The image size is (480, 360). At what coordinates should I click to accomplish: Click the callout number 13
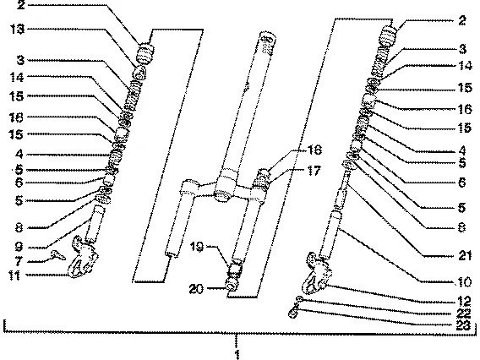pos(17,30)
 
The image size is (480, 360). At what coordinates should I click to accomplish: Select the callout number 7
pos(19,261)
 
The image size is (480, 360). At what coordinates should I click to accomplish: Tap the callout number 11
pos(14,275)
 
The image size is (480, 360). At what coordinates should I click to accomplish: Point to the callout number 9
pos(19,246)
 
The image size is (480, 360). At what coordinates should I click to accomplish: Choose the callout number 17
pos(314,171)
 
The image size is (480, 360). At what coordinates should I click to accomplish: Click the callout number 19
pos(197,247)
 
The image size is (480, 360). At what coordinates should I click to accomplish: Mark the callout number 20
pos(196,289)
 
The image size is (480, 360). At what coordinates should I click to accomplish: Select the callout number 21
pos(465,255)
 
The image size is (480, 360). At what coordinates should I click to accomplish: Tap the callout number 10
pos(465,282)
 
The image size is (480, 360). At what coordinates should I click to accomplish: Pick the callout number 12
pos(464,302)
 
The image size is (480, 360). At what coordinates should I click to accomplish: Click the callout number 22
pos(463,314)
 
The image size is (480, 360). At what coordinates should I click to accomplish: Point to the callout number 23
pos(463,325)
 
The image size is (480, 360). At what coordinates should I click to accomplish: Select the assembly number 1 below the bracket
pos(237,354)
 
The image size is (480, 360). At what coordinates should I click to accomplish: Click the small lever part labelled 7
pos(57,254)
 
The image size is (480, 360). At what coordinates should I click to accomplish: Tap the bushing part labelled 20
pos(232,285)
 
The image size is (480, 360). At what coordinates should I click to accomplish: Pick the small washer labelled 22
pos(300,298)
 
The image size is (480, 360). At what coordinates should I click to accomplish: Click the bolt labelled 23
pos(293,312)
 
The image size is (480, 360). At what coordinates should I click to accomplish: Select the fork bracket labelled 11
pos(84,258)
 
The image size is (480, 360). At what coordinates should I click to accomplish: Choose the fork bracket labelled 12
pos(319,272)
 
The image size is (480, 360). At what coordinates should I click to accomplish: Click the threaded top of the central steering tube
pos(268,43)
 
